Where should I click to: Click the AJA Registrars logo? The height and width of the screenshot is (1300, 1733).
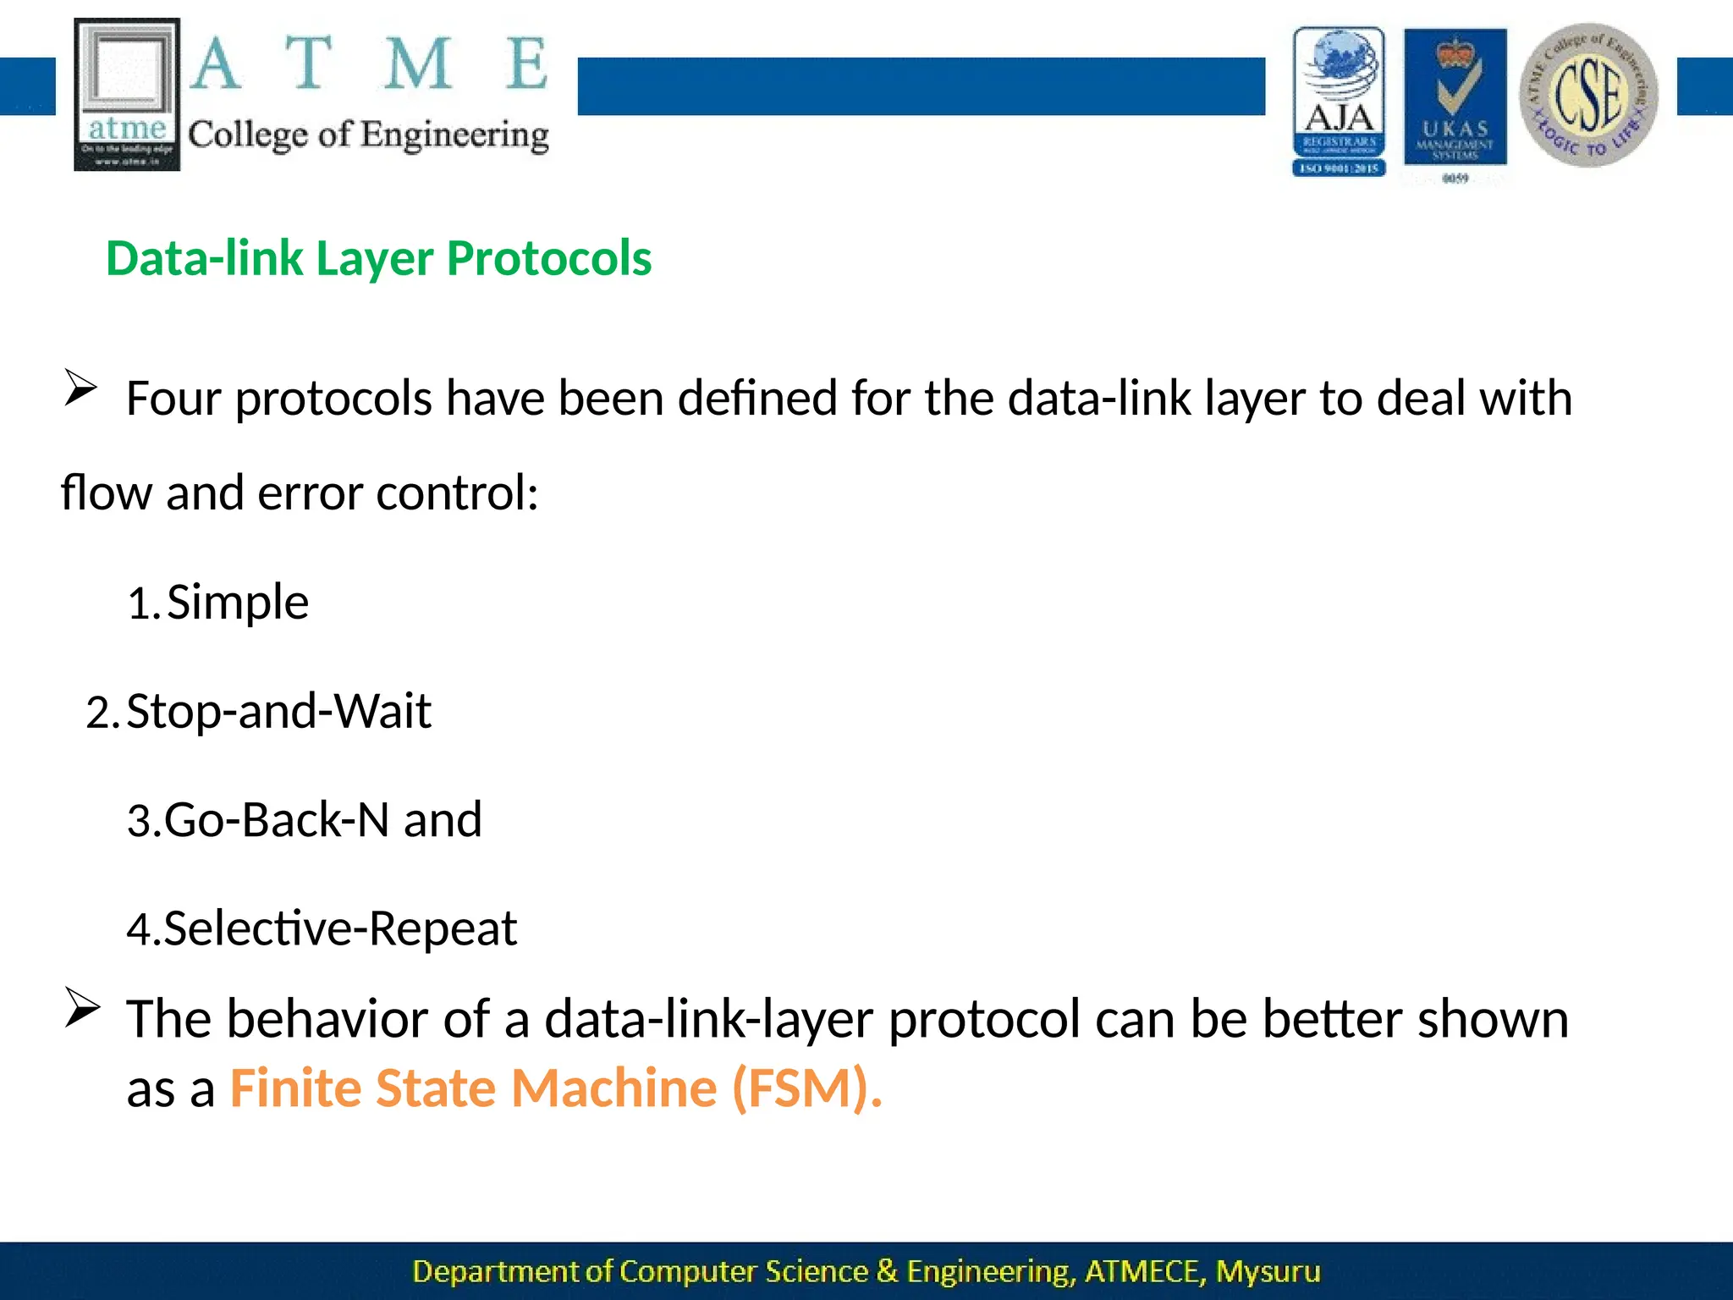1339,101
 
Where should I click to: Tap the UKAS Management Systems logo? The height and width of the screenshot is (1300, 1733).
1455,99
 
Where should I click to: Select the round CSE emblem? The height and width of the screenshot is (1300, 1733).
1588,94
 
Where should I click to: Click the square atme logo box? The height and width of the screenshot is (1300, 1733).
127,94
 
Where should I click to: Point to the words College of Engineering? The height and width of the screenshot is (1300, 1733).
368,135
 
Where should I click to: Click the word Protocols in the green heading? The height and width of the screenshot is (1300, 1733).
549,258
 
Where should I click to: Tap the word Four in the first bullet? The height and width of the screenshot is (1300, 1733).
173,399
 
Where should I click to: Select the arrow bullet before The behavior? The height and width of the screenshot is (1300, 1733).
83,1008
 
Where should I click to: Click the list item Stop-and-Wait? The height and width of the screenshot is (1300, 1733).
278,711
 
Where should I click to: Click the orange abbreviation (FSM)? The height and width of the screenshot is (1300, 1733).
807,1088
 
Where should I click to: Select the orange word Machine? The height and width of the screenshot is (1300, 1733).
614,1088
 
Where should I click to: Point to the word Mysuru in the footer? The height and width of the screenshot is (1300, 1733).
1268,1271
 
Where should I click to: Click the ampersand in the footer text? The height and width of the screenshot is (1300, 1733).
887,1271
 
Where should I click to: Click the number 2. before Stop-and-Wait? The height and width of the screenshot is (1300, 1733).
103,713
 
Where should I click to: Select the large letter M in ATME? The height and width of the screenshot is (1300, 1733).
418,64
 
